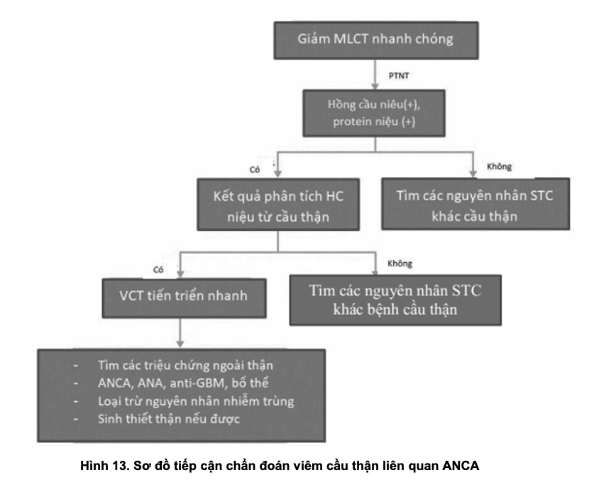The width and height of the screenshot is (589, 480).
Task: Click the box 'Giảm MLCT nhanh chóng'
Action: pyautogui.click(x=373, y=40)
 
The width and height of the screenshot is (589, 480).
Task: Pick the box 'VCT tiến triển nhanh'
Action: pyautogui.click(x=181, y=293)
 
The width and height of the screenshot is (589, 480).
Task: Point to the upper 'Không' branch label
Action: pyautogui.click(x=499, y=168)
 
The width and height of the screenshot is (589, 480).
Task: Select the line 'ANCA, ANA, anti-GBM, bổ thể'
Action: pyautogui.click(x=180, y=383)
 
